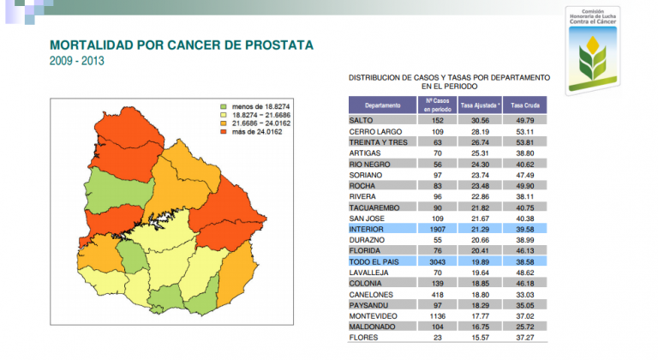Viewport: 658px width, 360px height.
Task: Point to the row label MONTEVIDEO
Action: pos(374,316)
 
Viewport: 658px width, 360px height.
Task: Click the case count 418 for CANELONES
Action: pos(437,294)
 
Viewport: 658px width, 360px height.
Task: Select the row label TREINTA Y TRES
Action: pos(378,142)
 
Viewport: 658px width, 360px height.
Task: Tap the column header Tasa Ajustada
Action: pos(480,105)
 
